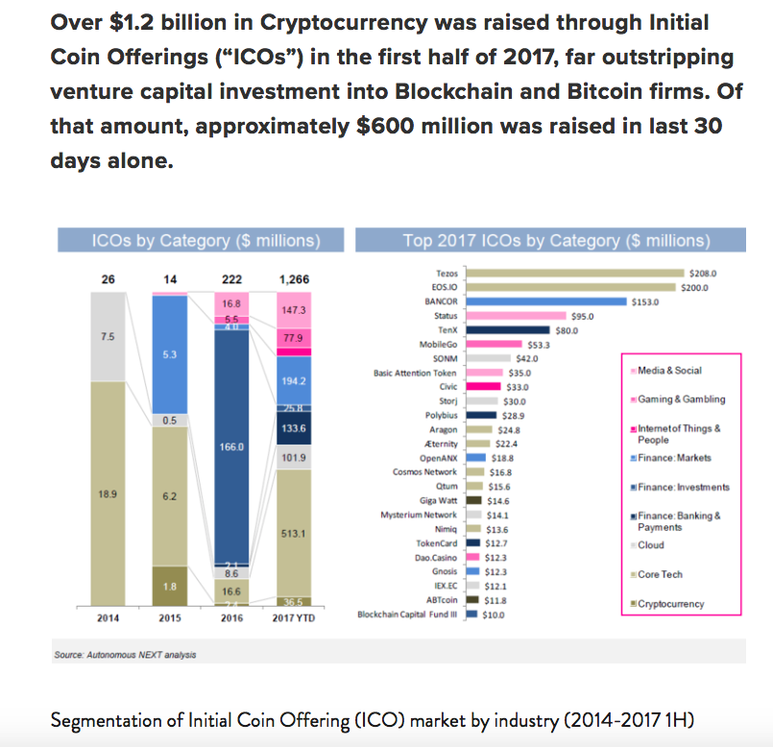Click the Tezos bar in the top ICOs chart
click(573, 274)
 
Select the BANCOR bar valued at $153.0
click(544, 301)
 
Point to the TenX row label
click(443, 330)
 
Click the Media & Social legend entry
click(666, 371)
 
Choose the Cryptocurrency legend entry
click(670, 604)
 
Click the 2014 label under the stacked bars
click(109, 617)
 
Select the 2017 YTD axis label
click(293, 618)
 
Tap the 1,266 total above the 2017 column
click(293, 279)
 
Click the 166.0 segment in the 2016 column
click(231, 447)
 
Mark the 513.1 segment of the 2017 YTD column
click(293, 534)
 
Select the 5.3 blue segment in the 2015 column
click(170, 355)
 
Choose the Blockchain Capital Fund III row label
click(407, 614)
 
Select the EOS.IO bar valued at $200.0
click(569, 287)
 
